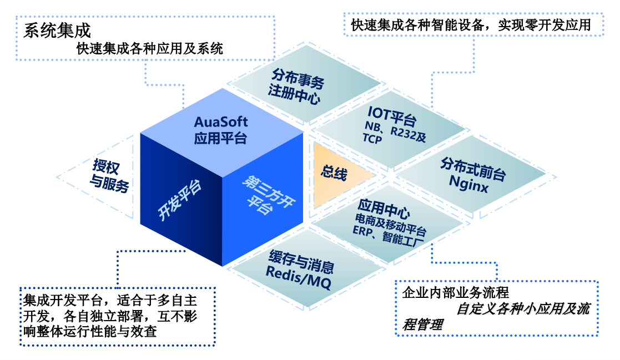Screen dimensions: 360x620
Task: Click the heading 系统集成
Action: [x=57, y=31]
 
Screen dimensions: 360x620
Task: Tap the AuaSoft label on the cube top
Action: [x=221, y=122]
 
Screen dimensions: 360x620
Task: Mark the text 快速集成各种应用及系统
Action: [x=150, y=49]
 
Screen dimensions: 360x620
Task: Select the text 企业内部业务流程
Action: [x=455, y=292]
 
